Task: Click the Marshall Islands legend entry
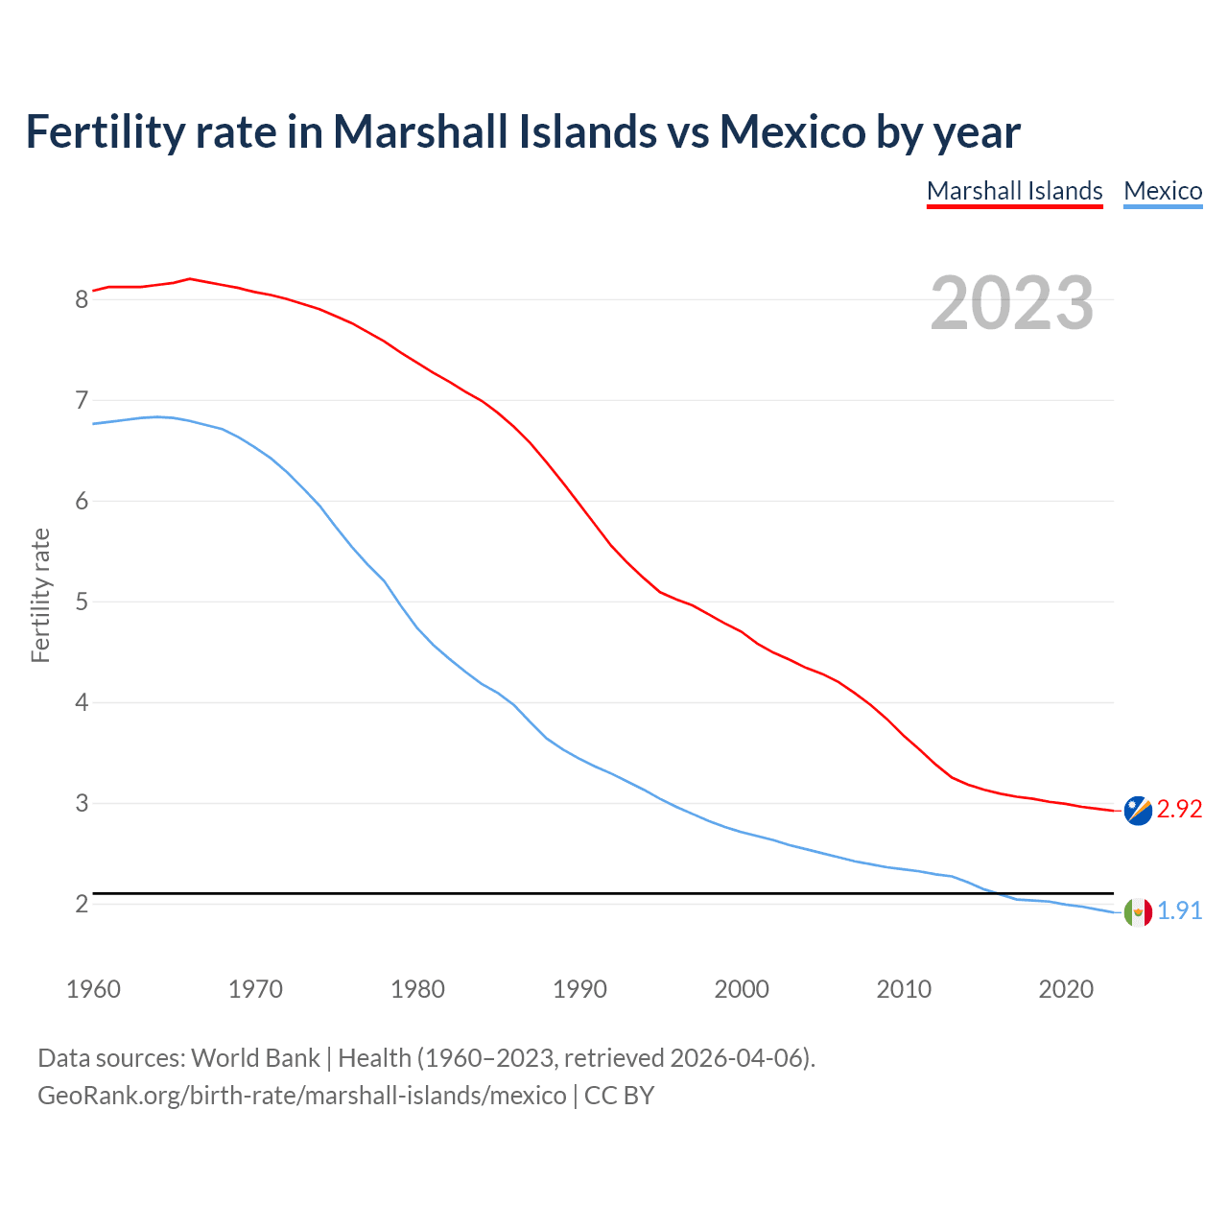pyautogui.click(x=1014, y=191)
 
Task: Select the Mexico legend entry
pyautogui.click(x=1163, y=191)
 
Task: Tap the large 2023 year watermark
pyautogui.click(x=1012, y=303)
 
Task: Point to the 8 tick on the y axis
pyautogui.click(x=82, y=299)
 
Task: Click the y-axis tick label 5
pyautogui.click(x=82, y=602)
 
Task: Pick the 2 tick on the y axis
pyautogui.click(x=82, y=904)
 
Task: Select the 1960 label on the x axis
pyautogui.click(x=93, y=989)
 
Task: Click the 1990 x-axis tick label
pyautogui.click(x=579, y=989)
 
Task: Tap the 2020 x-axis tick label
pyautogui.click(x=1066, y=989)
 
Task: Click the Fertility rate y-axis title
pyautogui.click(x=40, y=595)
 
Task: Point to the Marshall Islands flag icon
pyautogui.click(x=1138, y=810)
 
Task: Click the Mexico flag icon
pyautogui.click(x=1138, y=911)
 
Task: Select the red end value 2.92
pyautogui.click(x=1179, y=810)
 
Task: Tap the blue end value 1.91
pyautogui.click(x=1179, y=910)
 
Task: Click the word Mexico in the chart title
pyautogui.click(x=792, y=131)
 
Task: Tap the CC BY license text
pyautogui.click(x=619, y=1096)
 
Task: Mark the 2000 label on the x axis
pyautogui.click(x=742, y=989)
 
